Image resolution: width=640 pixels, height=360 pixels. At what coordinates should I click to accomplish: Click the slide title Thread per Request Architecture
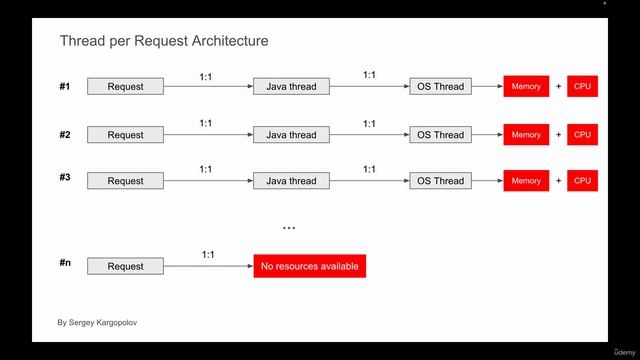click(163, 41)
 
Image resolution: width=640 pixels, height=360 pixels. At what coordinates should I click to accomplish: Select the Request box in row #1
click(125, 87)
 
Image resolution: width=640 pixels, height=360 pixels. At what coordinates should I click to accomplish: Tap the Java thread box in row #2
click(291, 135)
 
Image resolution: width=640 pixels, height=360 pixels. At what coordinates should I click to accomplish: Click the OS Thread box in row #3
click(440, 181)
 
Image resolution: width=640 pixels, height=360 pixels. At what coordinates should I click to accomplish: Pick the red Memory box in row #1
click(526, 87)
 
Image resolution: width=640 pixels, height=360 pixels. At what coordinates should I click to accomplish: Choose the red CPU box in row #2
click(582, 135)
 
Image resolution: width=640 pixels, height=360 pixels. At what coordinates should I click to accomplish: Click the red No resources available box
click(309, 266)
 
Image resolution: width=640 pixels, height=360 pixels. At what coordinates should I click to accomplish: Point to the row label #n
click(65, 262)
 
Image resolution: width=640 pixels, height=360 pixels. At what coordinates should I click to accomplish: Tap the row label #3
click(65, 177)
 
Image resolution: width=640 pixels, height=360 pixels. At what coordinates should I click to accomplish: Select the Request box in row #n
click(125, 267)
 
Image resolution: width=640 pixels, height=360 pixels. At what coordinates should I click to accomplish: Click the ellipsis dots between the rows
click(289, 229)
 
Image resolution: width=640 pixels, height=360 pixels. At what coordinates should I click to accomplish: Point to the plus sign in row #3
click(558, 181)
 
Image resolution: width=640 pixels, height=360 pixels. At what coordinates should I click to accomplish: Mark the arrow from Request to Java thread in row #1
click(208, 87)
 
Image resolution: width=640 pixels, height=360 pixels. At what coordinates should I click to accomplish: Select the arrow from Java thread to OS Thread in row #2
click(369, 135)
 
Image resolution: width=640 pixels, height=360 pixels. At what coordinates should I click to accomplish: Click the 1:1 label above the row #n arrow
click(208, 255)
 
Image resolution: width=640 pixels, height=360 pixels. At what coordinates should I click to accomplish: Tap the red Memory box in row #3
click(526, 181)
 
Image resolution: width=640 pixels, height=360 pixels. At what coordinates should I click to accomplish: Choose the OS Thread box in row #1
click(440, 87)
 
